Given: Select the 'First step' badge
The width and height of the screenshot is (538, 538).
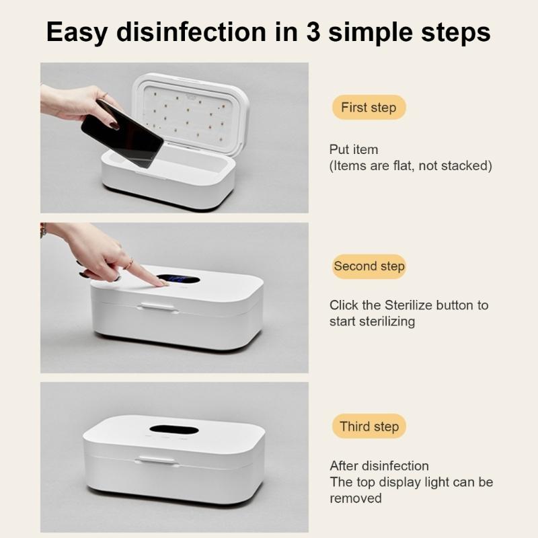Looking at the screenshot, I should (368, 108).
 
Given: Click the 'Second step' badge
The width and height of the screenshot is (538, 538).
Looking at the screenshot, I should (369, 266).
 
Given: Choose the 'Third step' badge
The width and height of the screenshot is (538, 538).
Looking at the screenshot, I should (369, 426).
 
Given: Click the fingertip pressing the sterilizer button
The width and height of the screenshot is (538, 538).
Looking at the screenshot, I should (161, 284).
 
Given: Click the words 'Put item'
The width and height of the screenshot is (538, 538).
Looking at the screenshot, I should (354, 149).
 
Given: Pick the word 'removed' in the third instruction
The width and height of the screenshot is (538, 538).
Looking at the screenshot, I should (355, 498).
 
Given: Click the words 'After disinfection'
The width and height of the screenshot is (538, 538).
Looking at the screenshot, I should (379, 466).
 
